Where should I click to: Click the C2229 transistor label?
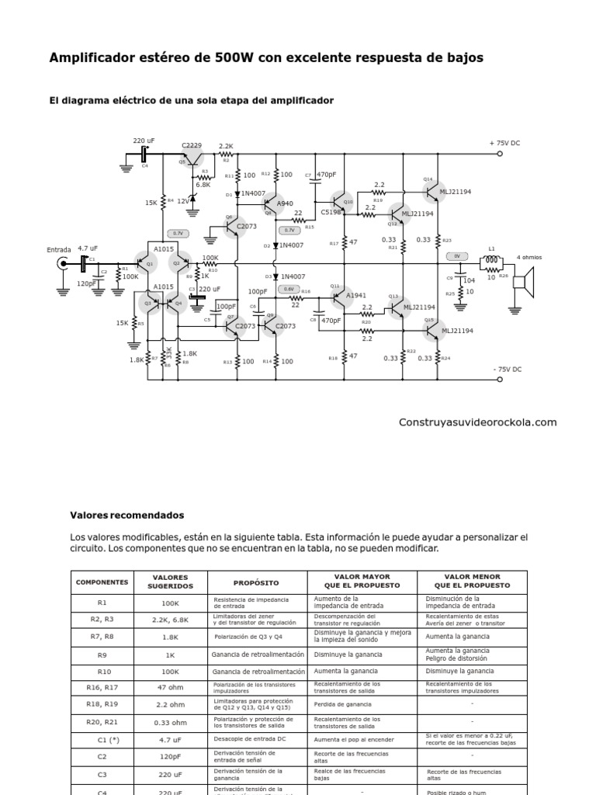click(x=192, y=145)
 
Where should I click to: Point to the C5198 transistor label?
click(x=331, y=210)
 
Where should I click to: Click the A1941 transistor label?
click(x=356, y=295)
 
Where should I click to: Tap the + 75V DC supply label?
click(x=504, y=143)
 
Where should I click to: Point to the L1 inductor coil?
click(x=491, y=260)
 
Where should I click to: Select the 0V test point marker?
click(x=457, y=255)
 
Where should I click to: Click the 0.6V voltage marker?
click(x=289, y=289)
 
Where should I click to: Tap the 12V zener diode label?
click(x=183, y=200)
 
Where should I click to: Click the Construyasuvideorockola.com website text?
click(x=477, y=422)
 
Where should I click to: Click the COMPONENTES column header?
click(x=102, y=581)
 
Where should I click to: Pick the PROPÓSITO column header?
click(x=255, y=581)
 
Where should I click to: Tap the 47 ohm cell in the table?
click(x=171, y=687)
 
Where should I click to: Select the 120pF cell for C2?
click(x=171, y=755)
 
